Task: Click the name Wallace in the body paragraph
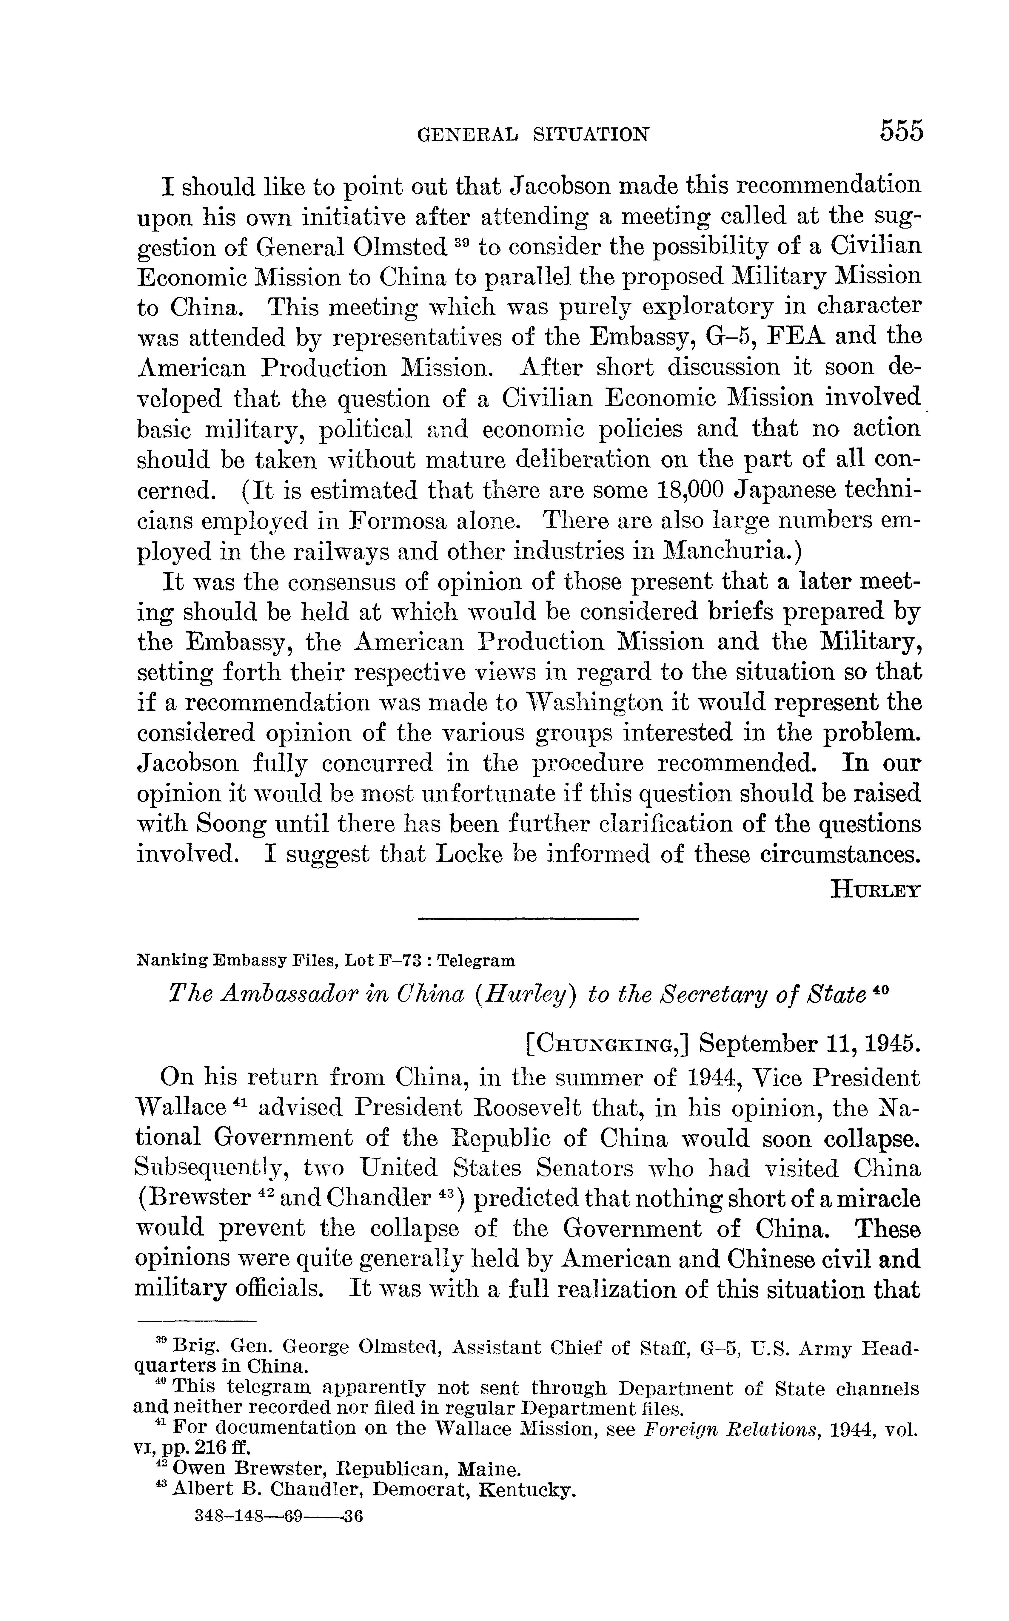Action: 180,1108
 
